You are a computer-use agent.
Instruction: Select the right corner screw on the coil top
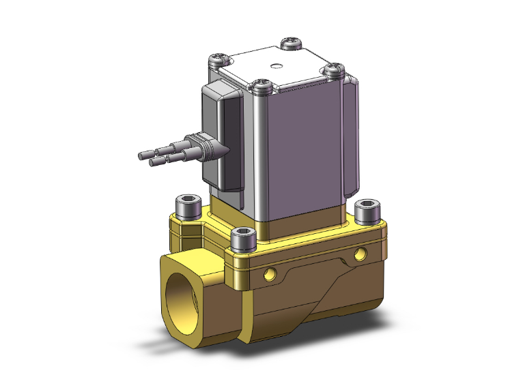coord(334,69)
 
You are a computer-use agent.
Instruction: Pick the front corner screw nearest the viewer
coord(260,85)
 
